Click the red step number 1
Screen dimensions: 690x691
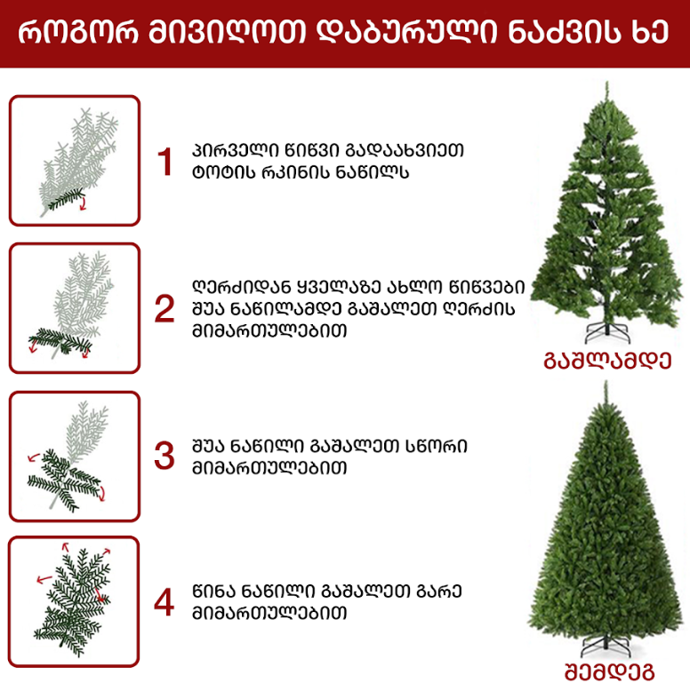pos(165,163)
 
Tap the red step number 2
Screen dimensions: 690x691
pos(164,309)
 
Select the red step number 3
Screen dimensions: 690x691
pos(164,456)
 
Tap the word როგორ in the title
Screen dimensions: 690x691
pos(78,32)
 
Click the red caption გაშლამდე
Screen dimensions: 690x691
pos(607,361)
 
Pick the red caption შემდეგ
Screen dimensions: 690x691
pos(610,672)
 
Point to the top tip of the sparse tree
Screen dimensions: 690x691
pos(607,82)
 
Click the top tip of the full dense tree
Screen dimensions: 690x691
pos(606,382)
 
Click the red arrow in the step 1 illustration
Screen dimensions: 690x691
pos(83,204)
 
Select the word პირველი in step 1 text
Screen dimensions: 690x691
pos(235,151)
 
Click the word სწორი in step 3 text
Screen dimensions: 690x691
pos(436,446)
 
